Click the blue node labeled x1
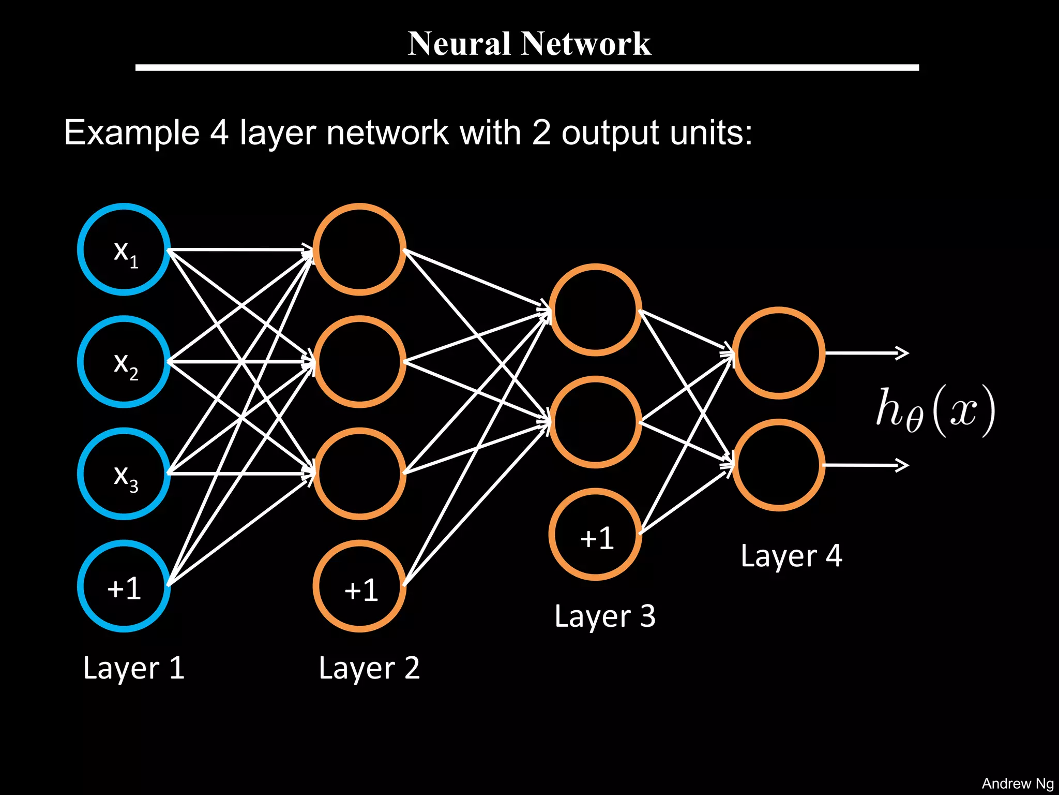(x=124, y=249)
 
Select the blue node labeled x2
(x=124, y=362)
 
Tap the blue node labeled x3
(x=124, y=474)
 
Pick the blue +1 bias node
(x=124, y=586)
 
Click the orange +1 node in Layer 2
(x=359, y=586)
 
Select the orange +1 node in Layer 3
(x=595, y=534)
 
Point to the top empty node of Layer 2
(x=359, y=249)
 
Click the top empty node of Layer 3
(x=595, y=310)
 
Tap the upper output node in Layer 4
(x=778, y=353)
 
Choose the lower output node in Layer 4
(x=778, y=465)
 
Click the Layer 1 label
(x=133, y=668)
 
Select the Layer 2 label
(x=369, y=668)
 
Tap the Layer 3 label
(x=604, y=616)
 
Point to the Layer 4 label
(x=791, y=556)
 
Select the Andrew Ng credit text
(x=1017, y=784)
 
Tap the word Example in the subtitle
(x=131, y=132)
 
